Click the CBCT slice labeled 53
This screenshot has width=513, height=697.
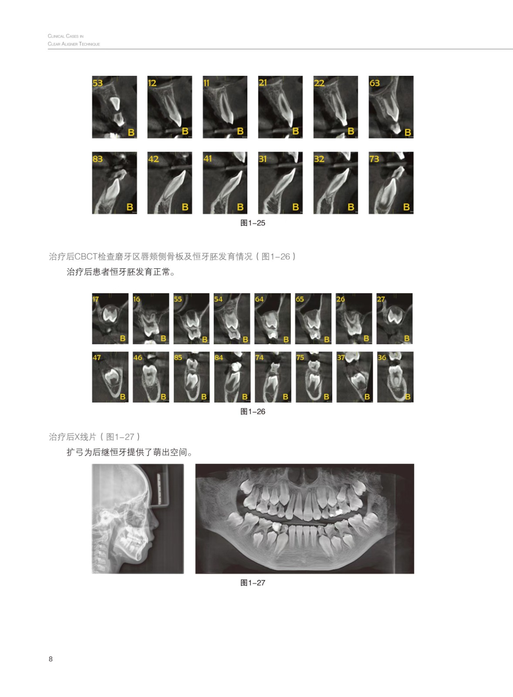tap(114, 107)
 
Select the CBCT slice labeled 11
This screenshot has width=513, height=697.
tap(225, 107)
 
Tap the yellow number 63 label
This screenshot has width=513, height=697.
tap(375, 83)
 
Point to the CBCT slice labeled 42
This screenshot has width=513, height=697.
tap(169, 183)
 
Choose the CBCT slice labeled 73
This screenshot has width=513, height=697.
tap(391, 183)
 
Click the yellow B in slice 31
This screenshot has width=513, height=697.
tap(296, 207)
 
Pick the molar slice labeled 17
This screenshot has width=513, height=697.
tap(110, 318)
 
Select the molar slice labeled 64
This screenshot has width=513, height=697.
tap(273, 318)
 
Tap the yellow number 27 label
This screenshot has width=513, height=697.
tap(381, 299)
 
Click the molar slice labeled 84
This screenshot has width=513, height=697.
tap(232, 377)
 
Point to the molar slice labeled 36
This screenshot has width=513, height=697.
tap(395, 377)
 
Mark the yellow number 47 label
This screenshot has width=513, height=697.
tap(97, 358)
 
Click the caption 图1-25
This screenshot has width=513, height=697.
tap(253, 223)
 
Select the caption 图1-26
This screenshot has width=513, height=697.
tap(253, 411)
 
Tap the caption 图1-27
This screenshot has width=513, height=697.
tap(253, 582)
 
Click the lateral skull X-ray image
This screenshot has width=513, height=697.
tap(138, 518)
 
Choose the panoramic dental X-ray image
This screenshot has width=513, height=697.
tap(304, 518)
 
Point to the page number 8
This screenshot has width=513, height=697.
tap(51, 659)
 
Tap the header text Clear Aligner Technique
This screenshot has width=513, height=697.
tap(74, 44)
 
